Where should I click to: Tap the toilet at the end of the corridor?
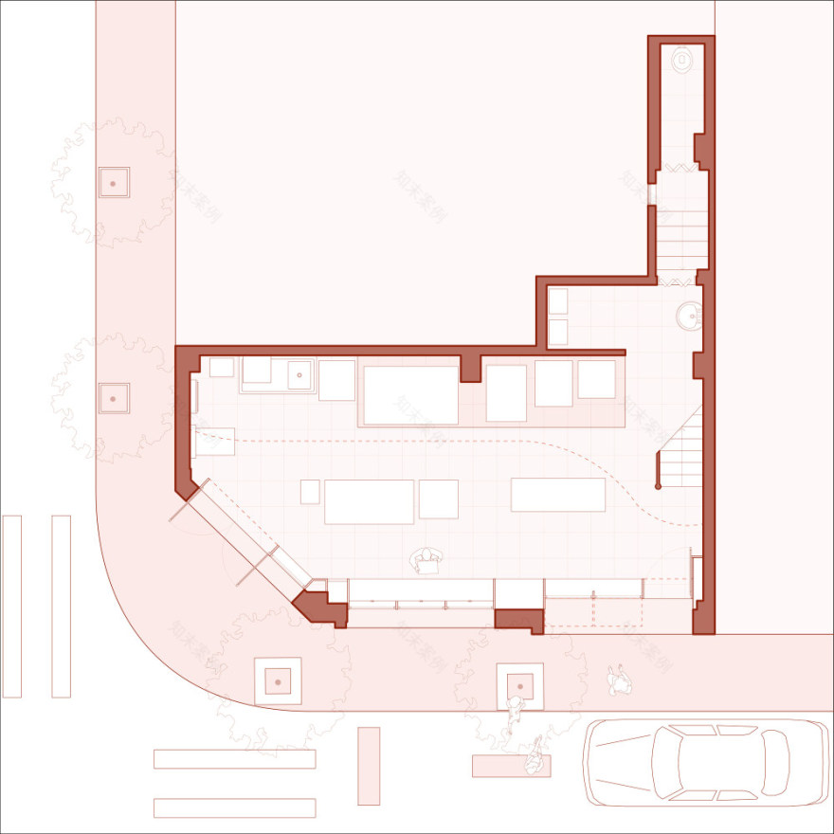tap(681, 62)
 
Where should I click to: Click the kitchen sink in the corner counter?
tap(300, 374)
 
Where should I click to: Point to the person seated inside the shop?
tap(427, 562)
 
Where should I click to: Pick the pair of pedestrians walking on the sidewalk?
tap(621, 679)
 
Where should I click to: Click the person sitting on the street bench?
tap(534, 755)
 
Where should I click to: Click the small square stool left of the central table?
tap(310, 492)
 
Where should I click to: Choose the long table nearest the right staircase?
tap(558, 495)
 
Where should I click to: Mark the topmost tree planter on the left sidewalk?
tap(114, 182)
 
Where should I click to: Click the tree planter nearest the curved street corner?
tap(278, 680)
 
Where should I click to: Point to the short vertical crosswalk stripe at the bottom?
tap(369, 766)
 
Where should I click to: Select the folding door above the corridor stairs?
tap(680, 169)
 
